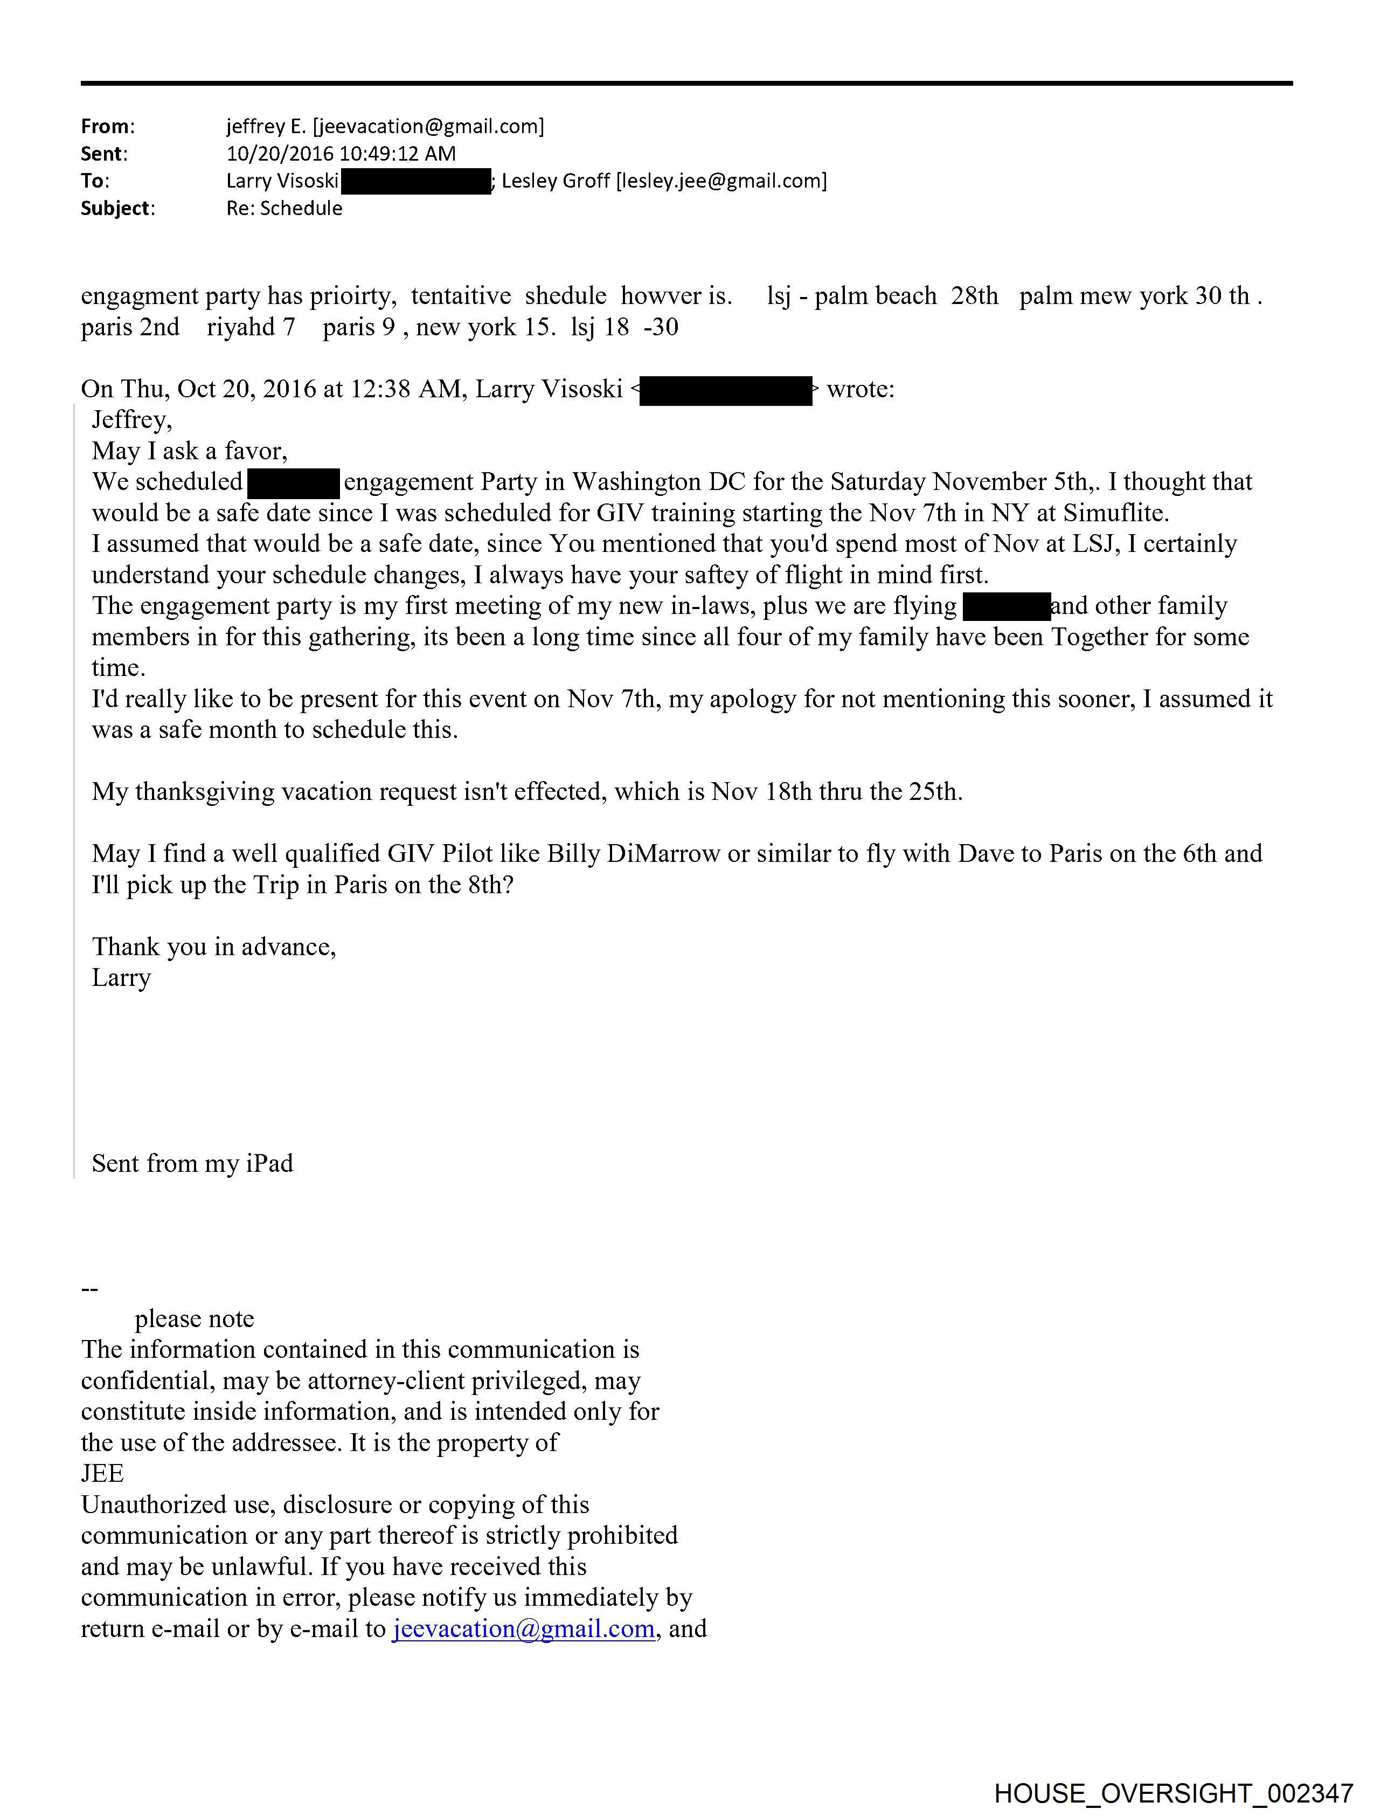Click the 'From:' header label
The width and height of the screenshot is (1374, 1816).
tap(108, 127)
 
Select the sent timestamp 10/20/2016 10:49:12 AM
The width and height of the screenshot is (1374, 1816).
tap(341, 154)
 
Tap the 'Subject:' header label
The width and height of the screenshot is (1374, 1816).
tap(117, 209)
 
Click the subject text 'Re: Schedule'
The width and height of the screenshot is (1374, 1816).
tap(284, 209)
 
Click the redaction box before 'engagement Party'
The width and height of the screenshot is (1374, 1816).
tap(293, 483)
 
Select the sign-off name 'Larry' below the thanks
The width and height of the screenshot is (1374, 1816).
tap(121, 978)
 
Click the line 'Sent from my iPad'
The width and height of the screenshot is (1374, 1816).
tap(192, 1163)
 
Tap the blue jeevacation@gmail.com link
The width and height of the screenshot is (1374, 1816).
tap(524, 1629)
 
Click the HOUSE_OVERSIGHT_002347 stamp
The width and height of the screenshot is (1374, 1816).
tap(1173, 1792)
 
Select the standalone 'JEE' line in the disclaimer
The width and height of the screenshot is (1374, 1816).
tap(102, 1474)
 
